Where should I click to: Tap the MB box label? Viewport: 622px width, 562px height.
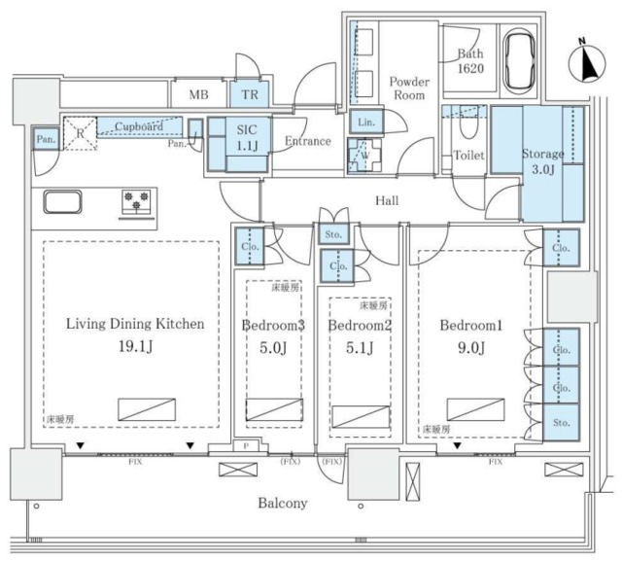pyautogui.click(x=198, y=93)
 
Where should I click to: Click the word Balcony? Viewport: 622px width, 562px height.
pyautogui.click(x=283, y=503)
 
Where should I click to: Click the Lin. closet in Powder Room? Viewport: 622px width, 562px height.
pyautogui.click(x=366, y=122)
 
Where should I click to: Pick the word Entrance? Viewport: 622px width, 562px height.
pyautogui.click(x=308, y=142)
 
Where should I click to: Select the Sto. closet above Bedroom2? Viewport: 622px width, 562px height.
pyautogui.click(x=330, y=233)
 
